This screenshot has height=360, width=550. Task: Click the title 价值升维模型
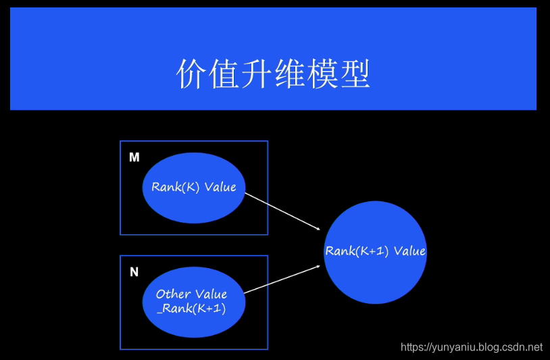[x=273, y=74]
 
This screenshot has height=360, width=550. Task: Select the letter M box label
[x=134, y=157]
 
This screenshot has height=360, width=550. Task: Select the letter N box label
[x=134, y=272]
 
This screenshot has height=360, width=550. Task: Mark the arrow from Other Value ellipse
[x=282, y=279]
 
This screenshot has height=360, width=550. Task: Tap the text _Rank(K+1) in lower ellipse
[x=193, y=309]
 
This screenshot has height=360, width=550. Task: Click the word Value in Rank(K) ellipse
[x=220, y=187]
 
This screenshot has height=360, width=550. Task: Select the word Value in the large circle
[x=409, y=251]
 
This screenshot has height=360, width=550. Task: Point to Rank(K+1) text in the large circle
[x=358, y=251]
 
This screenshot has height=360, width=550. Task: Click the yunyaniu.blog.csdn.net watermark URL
[x=472, y=347]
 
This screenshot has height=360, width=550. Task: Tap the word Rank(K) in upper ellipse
[x=176, y=187]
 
